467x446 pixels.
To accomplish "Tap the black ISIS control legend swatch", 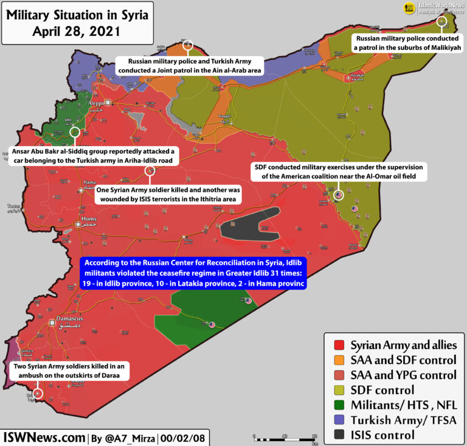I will point(335,434).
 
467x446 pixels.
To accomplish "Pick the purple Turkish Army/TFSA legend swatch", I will point(335,419).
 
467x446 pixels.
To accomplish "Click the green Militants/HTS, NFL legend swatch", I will point(335,404).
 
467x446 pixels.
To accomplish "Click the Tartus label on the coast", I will point(14,206).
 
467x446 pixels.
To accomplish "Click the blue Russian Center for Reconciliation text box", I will point(193,273).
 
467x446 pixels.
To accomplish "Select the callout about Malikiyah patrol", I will point(407,43).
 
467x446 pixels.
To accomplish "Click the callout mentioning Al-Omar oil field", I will point(340,172).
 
